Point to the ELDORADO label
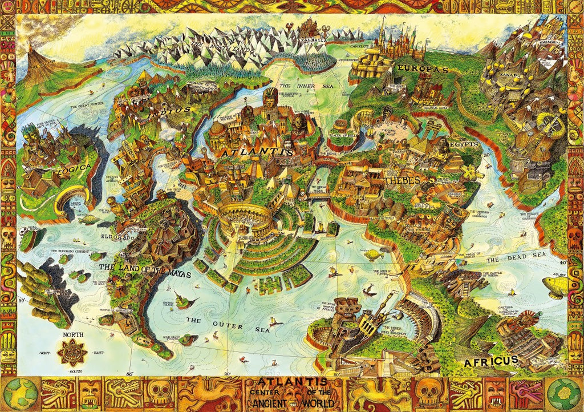116,236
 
